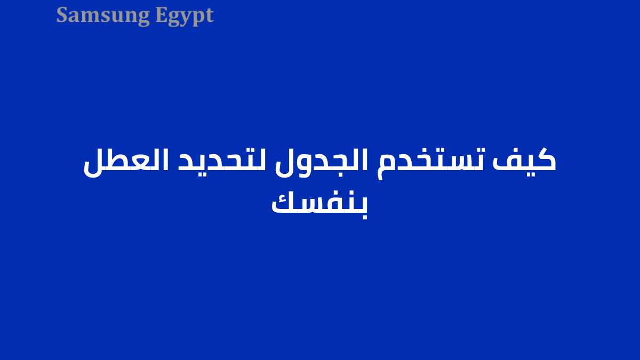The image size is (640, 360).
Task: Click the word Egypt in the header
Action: point(185,16)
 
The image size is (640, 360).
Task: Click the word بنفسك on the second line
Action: point(319,203)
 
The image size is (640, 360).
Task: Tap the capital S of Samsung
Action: point(62,15)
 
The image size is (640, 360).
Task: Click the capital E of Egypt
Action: point(161,15)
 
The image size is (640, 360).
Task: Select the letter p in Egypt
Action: point(198,18)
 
